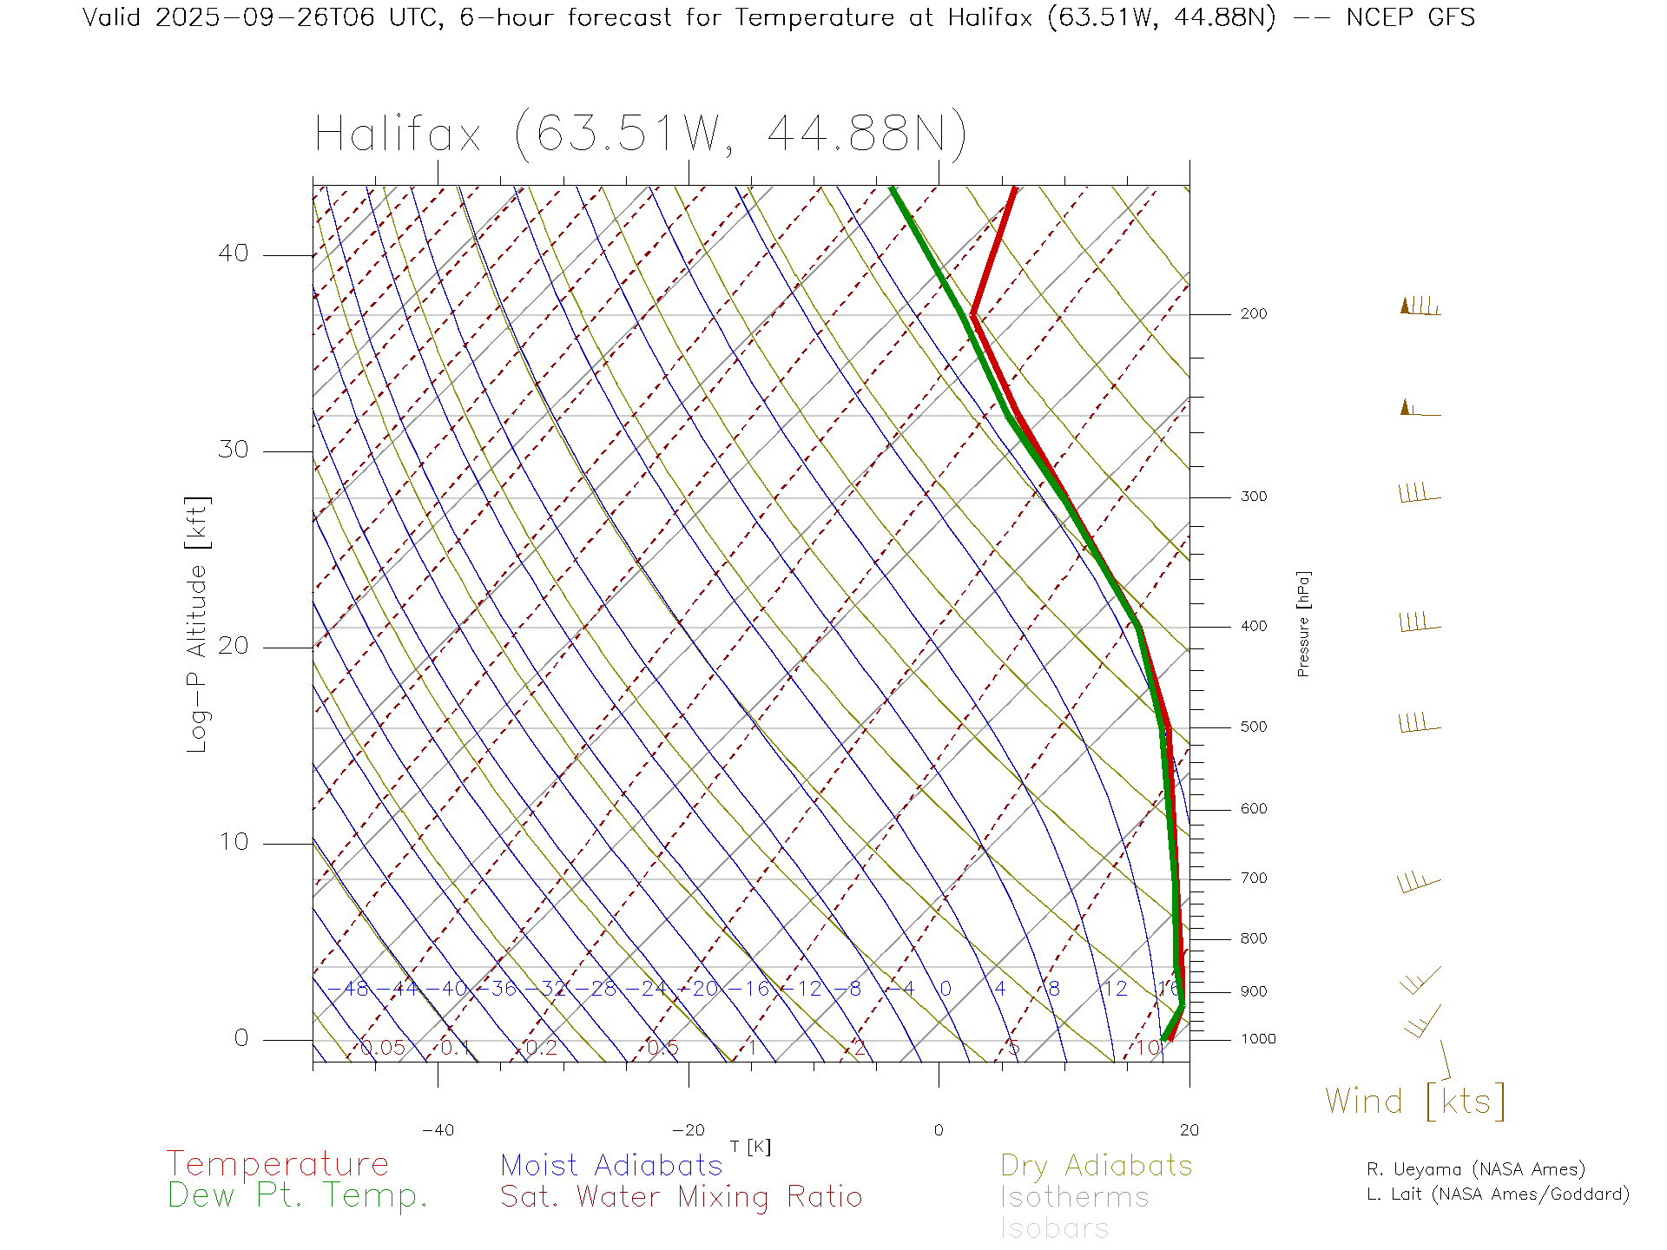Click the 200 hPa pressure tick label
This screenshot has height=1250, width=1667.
[1253, 314]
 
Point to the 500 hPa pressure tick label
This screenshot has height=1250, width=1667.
[1253, 727]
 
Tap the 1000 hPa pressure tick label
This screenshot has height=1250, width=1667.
[1258, 1039]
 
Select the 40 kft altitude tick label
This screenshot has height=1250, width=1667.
[233, 253]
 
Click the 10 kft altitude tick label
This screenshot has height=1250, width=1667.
[233, 842]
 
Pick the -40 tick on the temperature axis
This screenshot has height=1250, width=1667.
[438, 1130]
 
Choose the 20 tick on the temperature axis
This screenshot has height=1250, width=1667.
[1189, 1130]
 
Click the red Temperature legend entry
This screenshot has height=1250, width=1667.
[277, 1164]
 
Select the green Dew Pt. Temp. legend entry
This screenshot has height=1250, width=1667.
[298, 1196]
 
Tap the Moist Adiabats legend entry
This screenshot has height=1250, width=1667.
[611, 1166]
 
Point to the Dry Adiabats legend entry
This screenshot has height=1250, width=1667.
[1096, 1166]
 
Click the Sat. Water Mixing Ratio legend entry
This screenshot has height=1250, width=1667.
[681, 1197]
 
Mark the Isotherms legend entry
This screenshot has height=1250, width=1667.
[1074, 1198]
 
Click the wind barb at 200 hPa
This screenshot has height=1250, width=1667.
[1420, 307]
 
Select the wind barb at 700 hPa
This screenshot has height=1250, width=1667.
[1418, 883]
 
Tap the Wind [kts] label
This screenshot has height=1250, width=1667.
[1414, 1102]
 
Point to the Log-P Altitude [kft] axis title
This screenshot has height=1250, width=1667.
[198, 624]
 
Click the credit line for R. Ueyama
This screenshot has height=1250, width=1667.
[1475, 1169]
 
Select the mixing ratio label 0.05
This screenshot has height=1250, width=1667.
[383, 1048]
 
